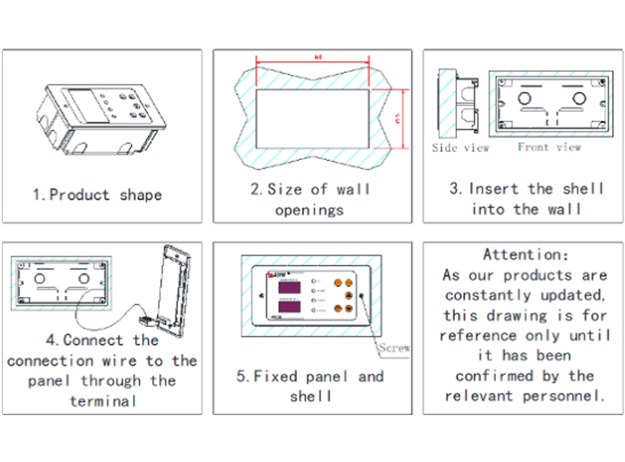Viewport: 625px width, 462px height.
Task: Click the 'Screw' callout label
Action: point(395,348)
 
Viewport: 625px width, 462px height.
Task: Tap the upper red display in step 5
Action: point(285,288)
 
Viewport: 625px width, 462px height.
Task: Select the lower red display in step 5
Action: point(285,308)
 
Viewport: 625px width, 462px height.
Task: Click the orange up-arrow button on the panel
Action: point(349,294)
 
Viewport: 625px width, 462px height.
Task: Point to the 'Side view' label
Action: point(461,148)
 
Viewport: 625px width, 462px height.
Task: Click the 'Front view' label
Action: point(549,147)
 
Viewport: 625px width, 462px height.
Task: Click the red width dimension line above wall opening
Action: point(312,61)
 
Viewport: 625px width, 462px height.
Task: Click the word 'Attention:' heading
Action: point(526,254)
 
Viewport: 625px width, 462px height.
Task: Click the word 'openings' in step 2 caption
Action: point(309,210)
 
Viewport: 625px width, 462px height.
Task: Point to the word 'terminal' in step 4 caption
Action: point(103,401)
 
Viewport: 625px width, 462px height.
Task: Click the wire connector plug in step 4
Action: point(145,321)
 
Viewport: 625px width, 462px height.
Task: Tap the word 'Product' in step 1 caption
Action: point(79,195)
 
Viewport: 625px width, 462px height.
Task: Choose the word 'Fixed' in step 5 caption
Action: point(277,376)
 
